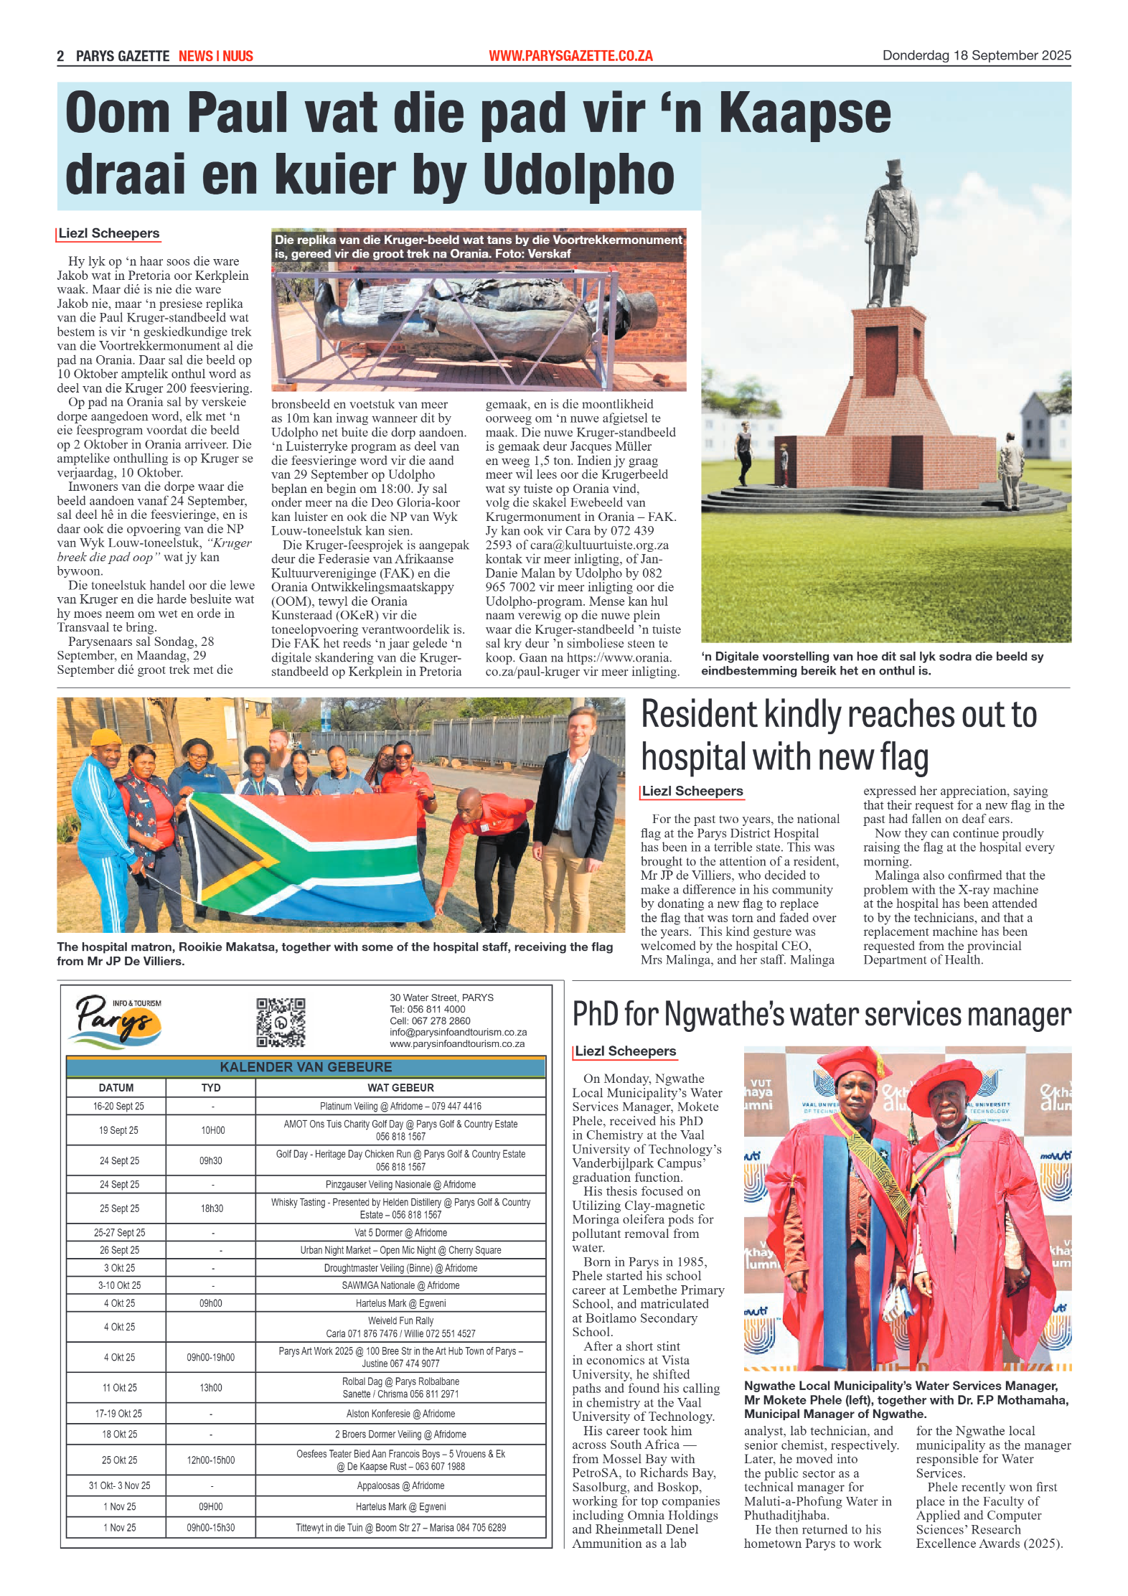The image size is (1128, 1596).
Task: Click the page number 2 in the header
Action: [61, 56]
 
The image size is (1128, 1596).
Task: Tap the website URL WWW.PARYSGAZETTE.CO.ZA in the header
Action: [570, 56]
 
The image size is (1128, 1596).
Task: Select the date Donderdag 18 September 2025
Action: [976, 55]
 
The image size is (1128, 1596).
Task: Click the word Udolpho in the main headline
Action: [578, 174]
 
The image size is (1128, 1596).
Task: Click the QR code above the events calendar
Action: [281, 1022]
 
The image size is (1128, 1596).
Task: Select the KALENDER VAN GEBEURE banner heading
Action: [306, 1067]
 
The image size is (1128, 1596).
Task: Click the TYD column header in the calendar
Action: [211, 1088]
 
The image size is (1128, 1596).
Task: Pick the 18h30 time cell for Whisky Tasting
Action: [212, 1208]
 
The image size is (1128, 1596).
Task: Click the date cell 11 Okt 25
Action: [119, 1387]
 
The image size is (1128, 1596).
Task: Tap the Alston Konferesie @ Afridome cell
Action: [400, 1413]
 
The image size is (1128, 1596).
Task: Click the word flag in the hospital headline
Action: [903, 759]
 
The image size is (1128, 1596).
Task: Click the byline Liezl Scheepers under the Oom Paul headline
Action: [109, 233]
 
